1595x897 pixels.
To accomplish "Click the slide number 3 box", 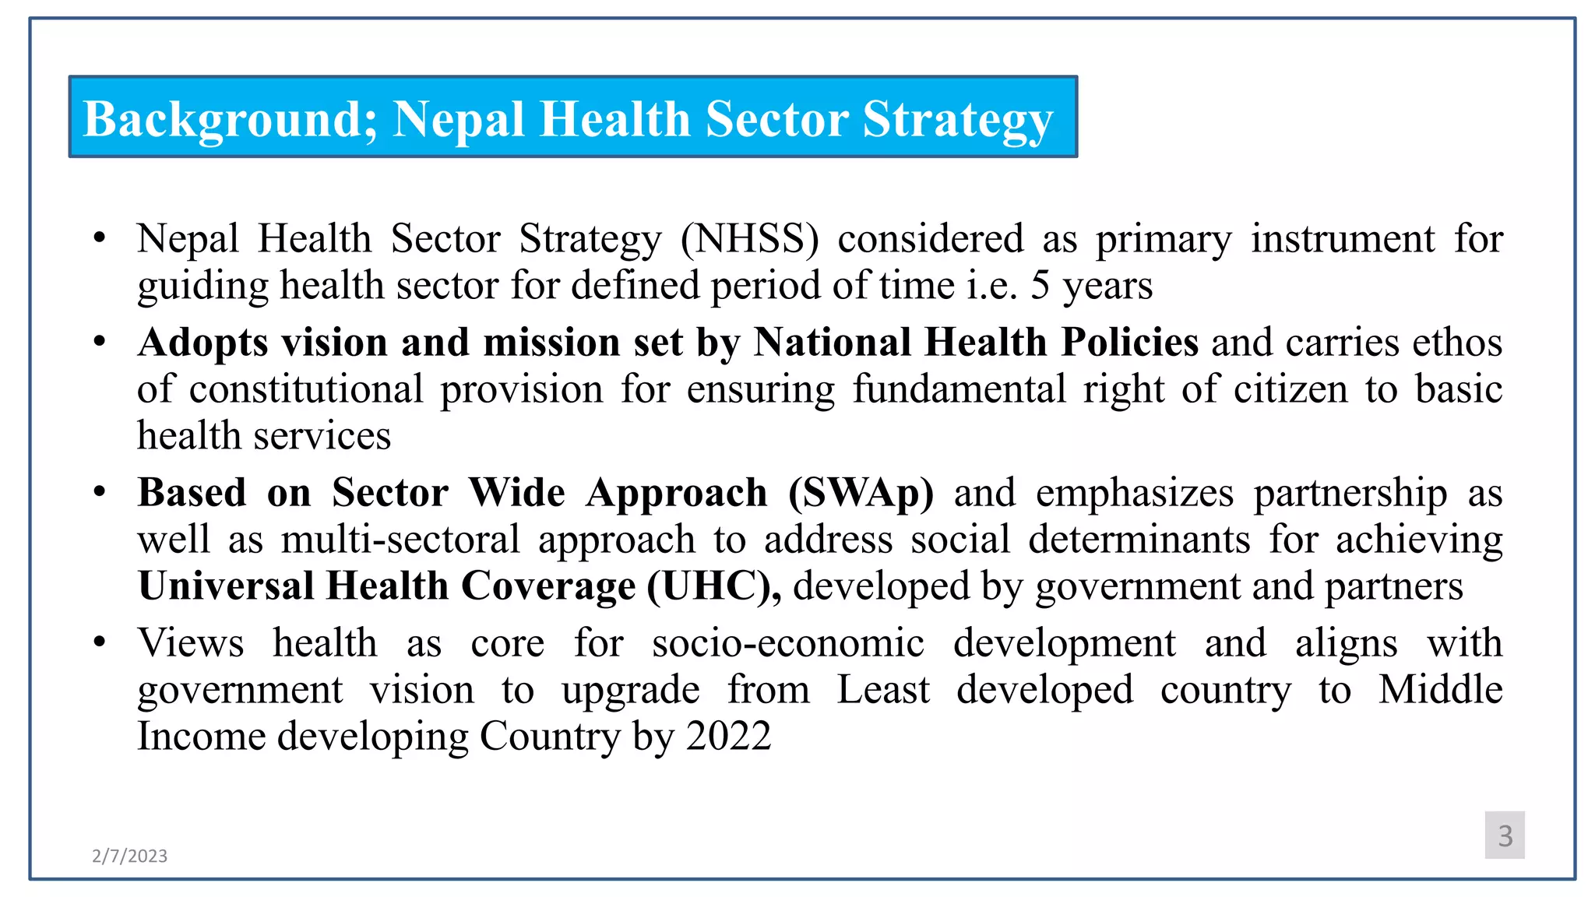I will (x=1504, y=835).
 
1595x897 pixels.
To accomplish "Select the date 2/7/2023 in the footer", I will (x=129, y=856).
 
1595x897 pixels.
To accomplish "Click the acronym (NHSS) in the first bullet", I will (x=749, y=238).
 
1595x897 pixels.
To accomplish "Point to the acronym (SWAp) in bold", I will (x=861, y=492).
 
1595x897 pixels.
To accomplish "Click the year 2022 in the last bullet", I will (x=728, y=736).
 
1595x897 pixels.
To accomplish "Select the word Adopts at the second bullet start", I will (x=202, y=343).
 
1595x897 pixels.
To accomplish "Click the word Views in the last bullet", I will (x=191, y=643).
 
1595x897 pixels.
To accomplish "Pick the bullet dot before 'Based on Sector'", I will (x=99, y=492).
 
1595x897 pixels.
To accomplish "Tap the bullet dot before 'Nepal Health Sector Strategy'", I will (x=99, y=237).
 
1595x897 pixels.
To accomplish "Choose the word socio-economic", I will (x=788, y=643).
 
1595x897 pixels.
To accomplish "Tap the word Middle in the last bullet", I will (x=1440, y=690).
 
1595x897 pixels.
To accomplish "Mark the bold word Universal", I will (x=225, y=586).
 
